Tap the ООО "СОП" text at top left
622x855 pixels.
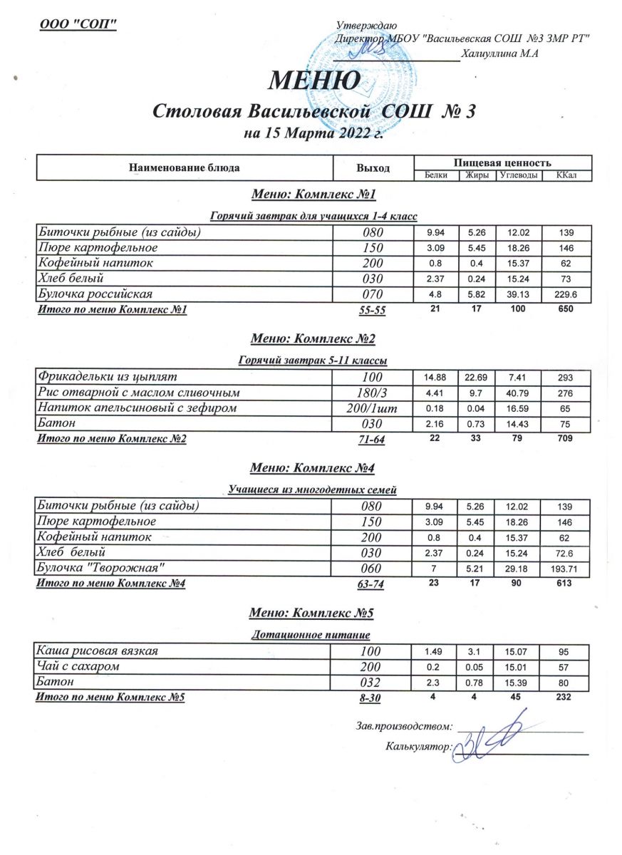pyautogui.click(x=78, y=24)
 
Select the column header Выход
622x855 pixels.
pyautogui.click(x=373, y=168)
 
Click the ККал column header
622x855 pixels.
pyautogui.click(x=566, y=175)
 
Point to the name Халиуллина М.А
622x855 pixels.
pyautogui.click(x=499, y=53)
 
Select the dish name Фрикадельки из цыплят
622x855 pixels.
pyautogui.click(x=108, y=375)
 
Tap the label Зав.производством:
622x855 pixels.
pyautogui.click(x=404, y=727)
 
